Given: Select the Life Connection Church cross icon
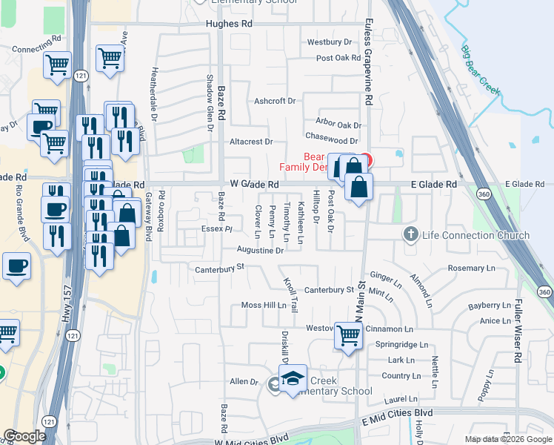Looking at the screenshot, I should (x=410, y=235).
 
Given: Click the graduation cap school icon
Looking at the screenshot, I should (x=293, y=379).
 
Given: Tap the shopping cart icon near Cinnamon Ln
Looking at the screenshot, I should (x=348, y=335).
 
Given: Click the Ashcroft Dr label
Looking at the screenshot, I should (x=275, y=101).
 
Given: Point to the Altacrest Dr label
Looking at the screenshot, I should (x=251, y=141).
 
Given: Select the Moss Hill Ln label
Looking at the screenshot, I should (x=264, y=306).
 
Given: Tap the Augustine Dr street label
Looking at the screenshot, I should (x=261, y=251).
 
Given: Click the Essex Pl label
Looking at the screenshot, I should (x=218, y=229).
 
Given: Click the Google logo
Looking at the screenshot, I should (x=24, y=436).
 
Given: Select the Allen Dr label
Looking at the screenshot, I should (x=243, y=381).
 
